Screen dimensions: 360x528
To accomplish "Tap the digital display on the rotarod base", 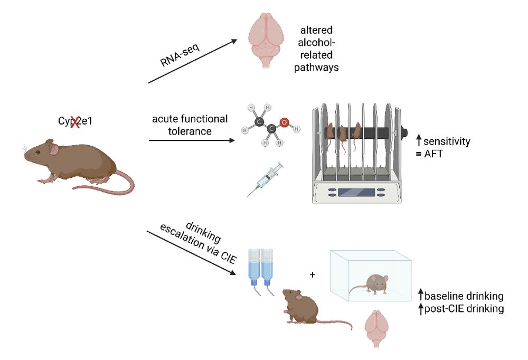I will coord(356,192).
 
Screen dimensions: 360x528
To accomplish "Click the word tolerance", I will coord(189,131).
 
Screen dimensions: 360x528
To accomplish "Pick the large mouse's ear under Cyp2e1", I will coord(54,150).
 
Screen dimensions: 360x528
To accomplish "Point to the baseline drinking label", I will coord(464,296).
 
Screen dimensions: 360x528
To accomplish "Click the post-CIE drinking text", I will coord(464,308).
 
